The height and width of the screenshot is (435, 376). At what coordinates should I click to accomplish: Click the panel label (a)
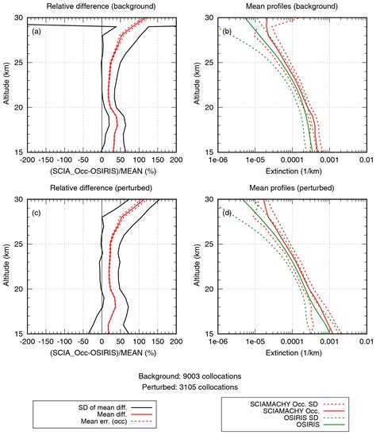[36, 31]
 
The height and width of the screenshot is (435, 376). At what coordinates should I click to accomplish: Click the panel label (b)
[226, 31]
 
